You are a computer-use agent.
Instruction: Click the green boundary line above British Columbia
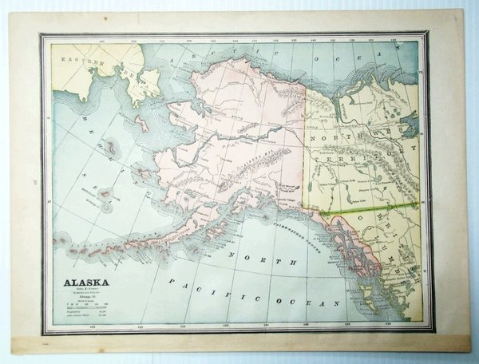click(x=375, y=210)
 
